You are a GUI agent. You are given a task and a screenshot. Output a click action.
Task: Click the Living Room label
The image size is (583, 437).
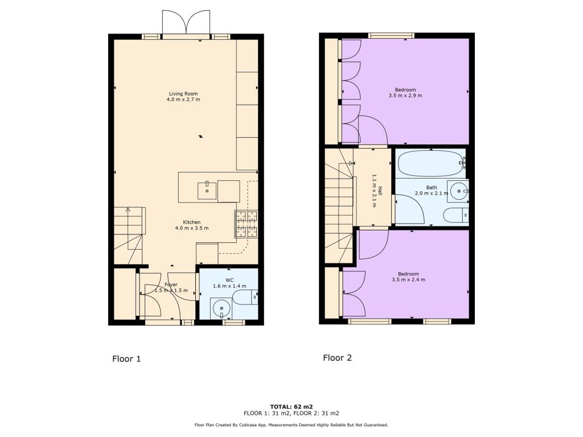point(183,94)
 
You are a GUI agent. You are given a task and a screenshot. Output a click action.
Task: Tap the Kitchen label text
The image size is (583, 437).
point(191,222)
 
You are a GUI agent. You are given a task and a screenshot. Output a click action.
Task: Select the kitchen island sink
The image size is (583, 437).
point(207,191)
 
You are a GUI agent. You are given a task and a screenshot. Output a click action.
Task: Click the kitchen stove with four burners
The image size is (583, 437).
point(245,224)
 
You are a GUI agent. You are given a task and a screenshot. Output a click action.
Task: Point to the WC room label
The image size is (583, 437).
point(229,280)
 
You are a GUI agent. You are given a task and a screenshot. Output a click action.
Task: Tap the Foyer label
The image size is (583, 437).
point(171,284)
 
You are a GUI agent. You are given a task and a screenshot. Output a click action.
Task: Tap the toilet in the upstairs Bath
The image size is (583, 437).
point(455,215)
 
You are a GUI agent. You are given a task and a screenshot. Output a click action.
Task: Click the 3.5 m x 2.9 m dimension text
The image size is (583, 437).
point(405,96)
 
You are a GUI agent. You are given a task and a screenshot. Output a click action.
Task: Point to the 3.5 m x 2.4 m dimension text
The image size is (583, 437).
point(408,279)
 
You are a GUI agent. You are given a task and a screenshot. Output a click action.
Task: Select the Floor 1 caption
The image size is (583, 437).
point(126,359)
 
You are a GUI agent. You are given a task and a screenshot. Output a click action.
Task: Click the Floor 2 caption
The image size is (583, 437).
point(337,358)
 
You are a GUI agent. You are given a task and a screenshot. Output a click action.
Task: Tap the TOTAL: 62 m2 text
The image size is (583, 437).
point(291,406)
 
